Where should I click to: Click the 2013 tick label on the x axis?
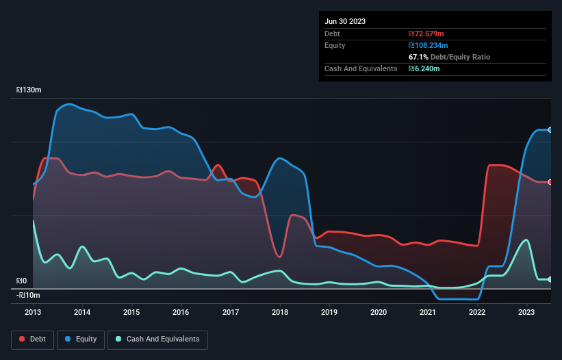click(33, 312)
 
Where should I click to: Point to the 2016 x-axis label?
click(181, 312)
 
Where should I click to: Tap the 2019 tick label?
click(329, 312)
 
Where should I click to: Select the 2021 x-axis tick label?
click(428, 312)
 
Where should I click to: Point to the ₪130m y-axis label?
click(29, 90)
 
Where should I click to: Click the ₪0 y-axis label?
click(21, 281)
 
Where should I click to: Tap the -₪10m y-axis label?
click(29, 295)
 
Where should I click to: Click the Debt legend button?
click(32, 339)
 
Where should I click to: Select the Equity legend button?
click(81, 339)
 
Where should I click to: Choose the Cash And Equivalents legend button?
click(157, 339)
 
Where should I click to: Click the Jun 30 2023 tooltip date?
click(345, 21)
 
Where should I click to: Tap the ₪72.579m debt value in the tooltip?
click(426, 34)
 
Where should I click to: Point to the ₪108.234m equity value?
click(429, 45)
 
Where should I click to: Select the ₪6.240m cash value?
click(424, 68)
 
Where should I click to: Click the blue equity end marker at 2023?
click(550, 129)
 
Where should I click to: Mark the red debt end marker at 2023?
click(550, 182)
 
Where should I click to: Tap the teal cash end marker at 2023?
click(550, 279)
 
